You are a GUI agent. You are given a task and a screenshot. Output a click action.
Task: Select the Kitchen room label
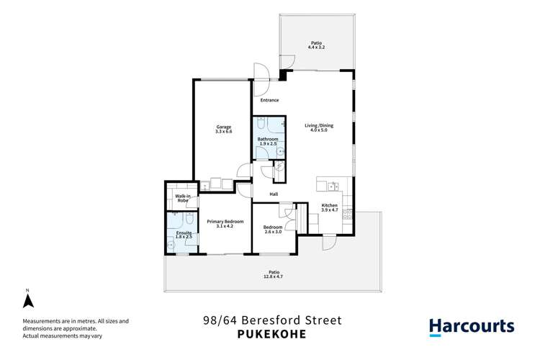tap(329, 205)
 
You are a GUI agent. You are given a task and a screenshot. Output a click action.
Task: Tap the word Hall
tap(274, 194)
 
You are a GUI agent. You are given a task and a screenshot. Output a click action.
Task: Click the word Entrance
tap(270, 100)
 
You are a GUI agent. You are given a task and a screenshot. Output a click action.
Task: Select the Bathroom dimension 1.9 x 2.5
tap(267, 143)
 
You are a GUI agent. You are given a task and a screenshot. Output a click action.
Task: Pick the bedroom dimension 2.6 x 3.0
tap(273, 230)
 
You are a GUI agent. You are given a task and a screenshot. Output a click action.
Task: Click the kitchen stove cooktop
tap(348, 213)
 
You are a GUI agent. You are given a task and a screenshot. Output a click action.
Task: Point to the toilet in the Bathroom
tap(261, 122)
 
